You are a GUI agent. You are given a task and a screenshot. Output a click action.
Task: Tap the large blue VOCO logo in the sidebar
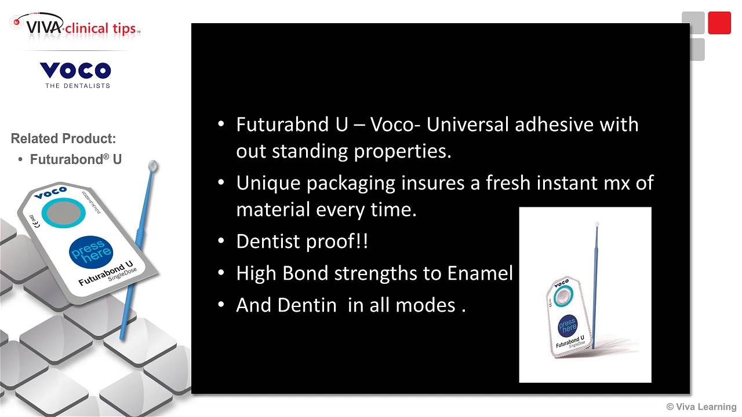coord(75,71)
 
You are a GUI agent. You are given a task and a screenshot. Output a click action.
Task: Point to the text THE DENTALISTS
coord(77,86)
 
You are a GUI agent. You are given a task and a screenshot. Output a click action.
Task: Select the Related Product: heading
coord(63,138)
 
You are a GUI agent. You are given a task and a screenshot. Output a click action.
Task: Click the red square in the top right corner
coord(719,23)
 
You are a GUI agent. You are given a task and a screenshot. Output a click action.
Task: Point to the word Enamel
coord(480,273)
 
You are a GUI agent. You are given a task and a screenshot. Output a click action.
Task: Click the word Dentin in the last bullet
coord(307,305)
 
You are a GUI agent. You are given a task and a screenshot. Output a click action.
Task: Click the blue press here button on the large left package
coord(91,252)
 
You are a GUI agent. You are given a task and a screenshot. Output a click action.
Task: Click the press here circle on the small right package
coord(568,326)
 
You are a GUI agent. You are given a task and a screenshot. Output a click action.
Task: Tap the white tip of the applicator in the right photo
coord(596,223)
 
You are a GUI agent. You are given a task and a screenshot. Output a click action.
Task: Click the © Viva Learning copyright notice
coord(701,407)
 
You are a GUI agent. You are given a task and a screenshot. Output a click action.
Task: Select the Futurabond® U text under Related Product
coord(76,159)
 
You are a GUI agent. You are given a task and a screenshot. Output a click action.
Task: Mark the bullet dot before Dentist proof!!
coord(221,242)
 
